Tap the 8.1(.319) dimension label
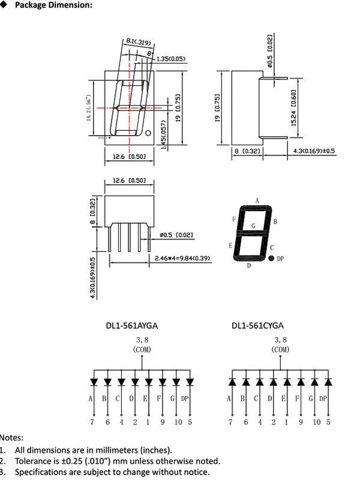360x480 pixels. coord(138,43)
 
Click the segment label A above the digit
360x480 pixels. coord(257,200)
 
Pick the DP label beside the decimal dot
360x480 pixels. coord(280,258)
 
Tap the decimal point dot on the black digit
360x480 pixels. coord(271,258)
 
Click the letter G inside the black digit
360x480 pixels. coord(253,226)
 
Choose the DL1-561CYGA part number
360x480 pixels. coord(257,326)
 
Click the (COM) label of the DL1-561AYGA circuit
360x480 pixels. coord(142,349)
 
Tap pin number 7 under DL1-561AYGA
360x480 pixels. coord(93,422)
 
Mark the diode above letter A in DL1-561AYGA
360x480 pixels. coord(93,382)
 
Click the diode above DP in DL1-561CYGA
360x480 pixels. coord(328,382)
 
